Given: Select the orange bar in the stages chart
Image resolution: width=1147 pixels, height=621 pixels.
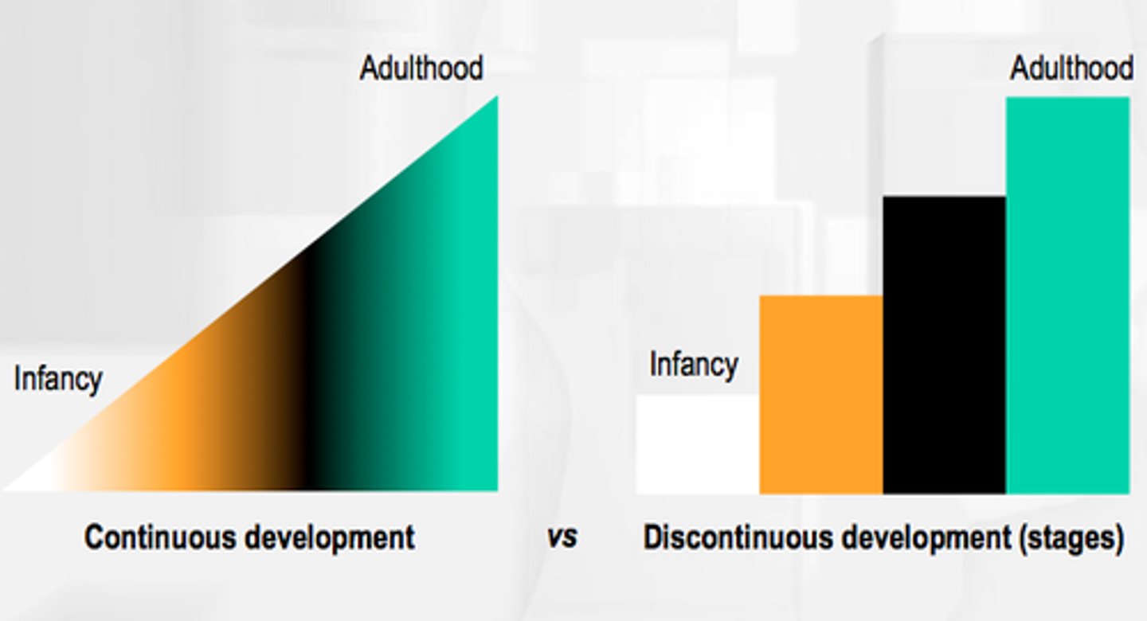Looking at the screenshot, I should click(x=821, y=394).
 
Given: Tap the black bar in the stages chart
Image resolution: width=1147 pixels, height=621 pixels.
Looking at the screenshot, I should click(x=945, y=344).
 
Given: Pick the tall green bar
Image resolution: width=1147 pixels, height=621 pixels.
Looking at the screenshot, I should click(x=1067, y=295).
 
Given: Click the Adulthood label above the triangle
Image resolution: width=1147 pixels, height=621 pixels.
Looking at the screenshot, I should click(x=421, y=68).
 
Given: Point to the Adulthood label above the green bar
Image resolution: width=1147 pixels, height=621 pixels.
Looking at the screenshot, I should click(x=1071, y=68).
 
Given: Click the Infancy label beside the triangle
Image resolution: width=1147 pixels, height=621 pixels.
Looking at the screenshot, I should click(x=57, y=379).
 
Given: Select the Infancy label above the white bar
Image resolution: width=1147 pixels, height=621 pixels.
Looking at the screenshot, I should click(x=693, y=365).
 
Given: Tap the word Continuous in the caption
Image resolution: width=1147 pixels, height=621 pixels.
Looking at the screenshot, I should click(x=159, y=537).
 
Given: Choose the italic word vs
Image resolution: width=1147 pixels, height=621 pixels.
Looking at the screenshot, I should click(x=562, y=537).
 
